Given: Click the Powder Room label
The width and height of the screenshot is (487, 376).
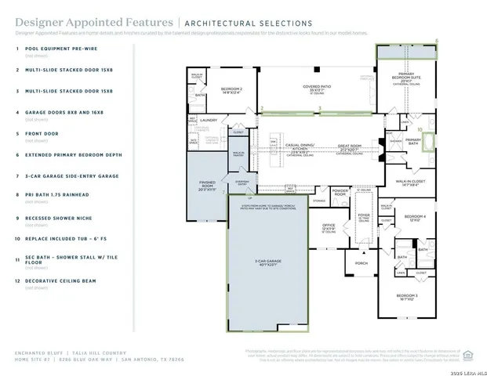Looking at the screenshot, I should pos(340,192).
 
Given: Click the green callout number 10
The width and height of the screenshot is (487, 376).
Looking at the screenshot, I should pos(420,129).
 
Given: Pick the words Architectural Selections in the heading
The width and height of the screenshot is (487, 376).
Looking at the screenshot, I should pos(248,23).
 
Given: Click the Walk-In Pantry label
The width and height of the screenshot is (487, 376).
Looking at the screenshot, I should pos(238,154).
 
